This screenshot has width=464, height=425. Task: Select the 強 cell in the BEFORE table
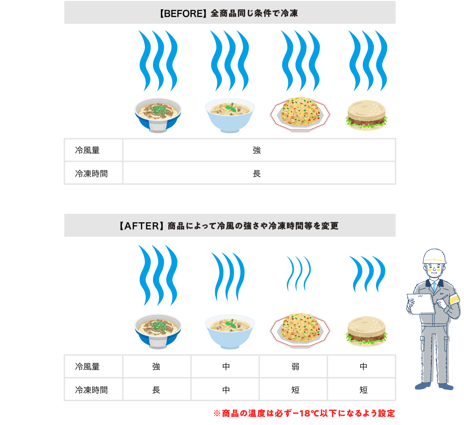257,150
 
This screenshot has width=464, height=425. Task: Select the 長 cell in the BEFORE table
257,174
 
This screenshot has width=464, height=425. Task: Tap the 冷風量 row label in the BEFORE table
87,150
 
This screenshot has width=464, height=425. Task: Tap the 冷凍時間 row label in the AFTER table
91,390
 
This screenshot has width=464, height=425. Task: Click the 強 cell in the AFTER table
156,367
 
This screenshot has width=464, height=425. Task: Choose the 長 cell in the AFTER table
156,390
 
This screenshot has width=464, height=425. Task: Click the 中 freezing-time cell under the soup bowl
226,390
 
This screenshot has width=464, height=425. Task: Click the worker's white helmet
434,256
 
